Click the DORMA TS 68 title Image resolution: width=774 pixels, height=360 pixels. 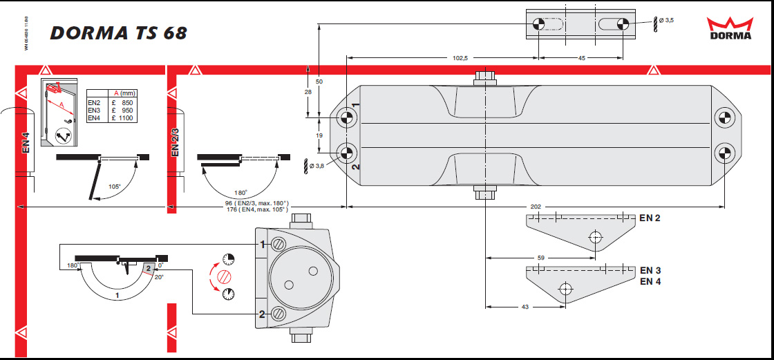118,33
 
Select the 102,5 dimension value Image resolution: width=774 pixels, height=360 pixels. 460,58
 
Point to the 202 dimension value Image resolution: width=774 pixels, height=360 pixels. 536,207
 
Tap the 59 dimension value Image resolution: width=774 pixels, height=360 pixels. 541,258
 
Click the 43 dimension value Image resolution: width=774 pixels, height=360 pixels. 525,306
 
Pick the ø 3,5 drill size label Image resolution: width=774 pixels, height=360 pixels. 666,21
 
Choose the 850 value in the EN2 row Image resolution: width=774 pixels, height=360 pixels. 126,103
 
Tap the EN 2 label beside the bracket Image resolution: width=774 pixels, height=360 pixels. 650,218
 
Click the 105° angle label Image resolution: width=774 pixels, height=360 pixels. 114,187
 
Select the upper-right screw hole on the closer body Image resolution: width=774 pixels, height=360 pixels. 723,118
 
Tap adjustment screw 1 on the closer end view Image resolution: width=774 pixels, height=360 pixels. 279,244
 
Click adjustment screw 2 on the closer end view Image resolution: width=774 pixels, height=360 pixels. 279,314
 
